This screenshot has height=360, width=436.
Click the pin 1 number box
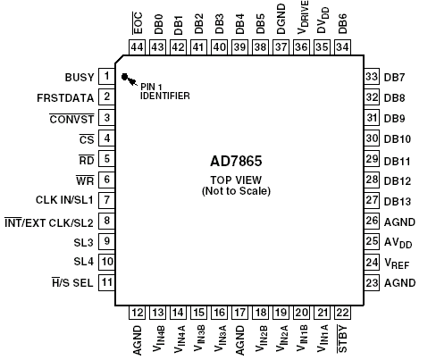point(106,77)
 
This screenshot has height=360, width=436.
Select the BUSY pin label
point(80,78)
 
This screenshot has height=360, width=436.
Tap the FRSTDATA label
point(65,98)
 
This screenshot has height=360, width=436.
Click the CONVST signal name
point(71,119)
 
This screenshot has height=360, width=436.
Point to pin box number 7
point(106,200)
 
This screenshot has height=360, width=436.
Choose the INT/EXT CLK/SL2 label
point(49,222)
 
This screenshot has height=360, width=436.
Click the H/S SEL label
point(72,282)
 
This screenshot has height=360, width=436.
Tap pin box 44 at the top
point(137,47)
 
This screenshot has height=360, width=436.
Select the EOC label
point(138,23)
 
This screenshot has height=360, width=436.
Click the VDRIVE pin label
point(303,17)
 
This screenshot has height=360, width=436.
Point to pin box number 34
point(342,47)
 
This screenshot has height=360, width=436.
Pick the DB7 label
point(394,78)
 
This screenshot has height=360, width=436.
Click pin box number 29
point(372,159)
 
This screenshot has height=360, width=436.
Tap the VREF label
point(397,264)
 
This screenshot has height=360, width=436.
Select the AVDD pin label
point(398,243)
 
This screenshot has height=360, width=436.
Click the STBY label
point(342,339)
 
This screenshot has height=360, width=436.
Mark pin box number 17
point(239,313)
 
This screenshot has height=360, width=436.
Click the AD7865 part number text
point(236,161)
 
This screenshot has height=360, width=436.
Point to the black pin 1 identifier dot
point(125,77)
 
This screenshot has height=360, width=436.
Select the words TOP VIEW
point(236,180)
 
